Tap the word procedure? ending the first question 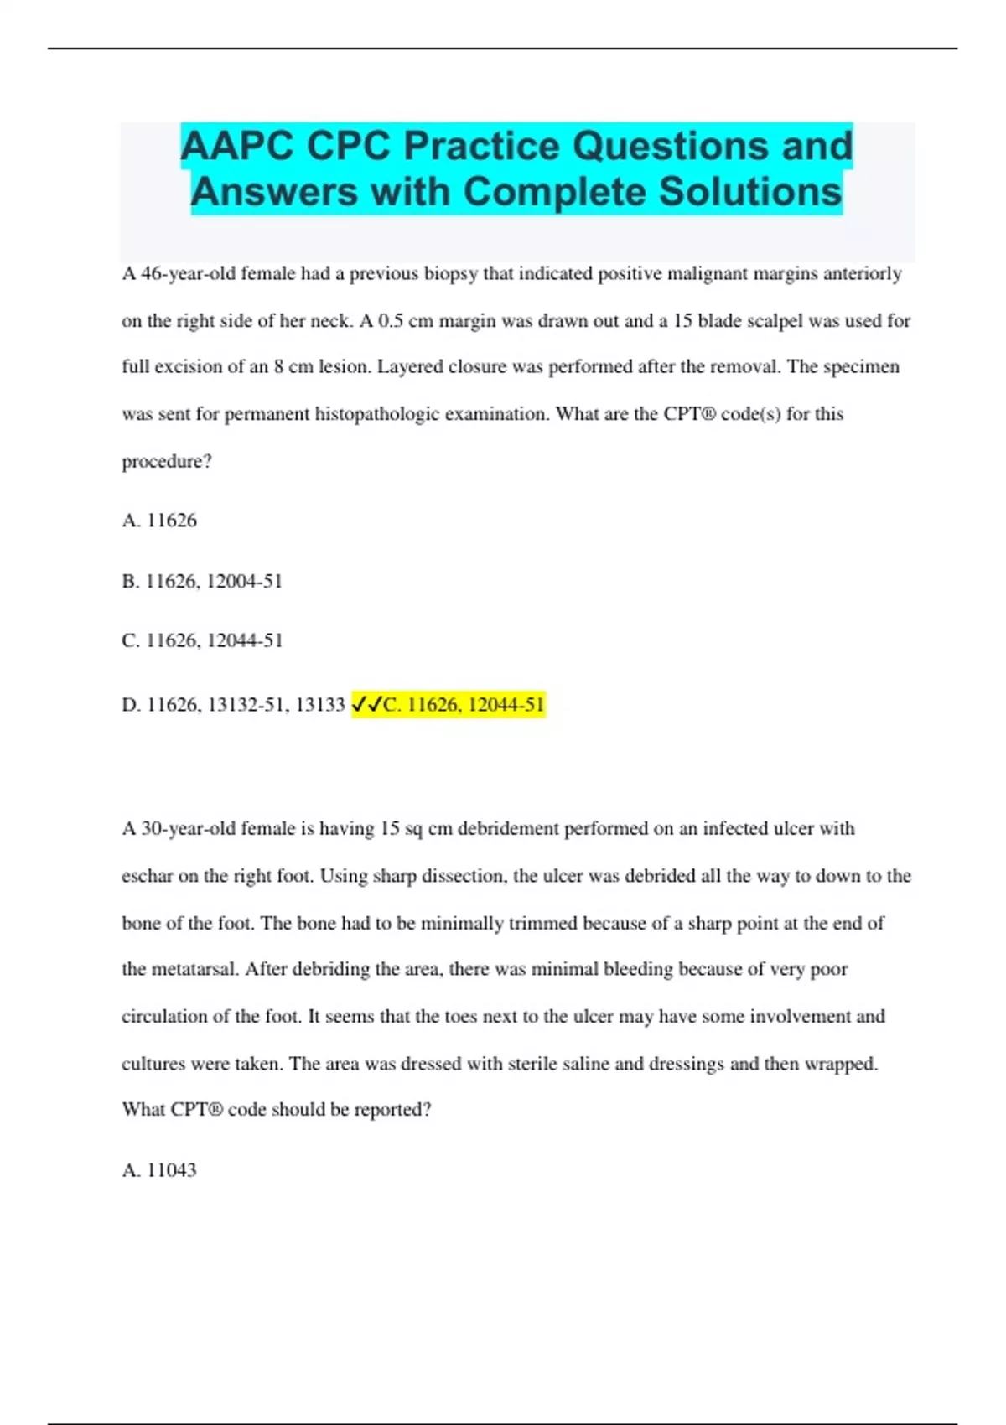pyautogui.click(x=167, y=461)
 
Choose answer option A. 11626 pyautogui.click(x=159, y=521)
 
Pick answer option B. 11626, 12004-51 pyautogui.click(x=202, y=581)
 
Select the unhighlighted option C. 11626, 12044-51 pyautogui.click(x=202, y=640)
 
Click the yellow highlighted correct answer pyautogui.click(x=463, y=705)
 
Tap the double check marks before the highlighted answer pyautogui.click(x=366, y=705)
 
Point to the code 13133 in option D pyautogui.click(x=320, y=705)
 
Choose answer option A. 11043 pyautogui.click(x=159, y=1170)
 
